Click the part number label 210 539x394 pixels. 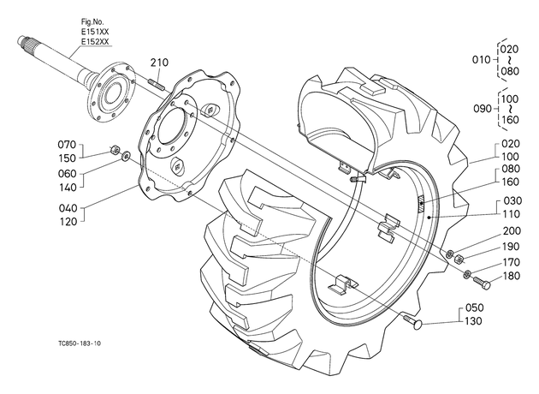159,63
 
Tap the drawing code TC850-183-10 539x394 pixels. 80,343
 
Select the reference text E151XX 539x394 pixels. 95,32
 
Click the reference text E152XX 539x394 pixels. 95,42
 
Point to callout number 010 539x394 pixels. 481,60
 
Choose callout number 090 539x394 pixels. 483,109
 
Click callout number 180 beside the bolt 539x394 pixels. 511,276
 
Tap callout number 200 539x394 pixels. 512,231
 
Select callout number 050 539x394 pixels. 474,307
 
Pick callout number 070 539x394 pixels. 67,145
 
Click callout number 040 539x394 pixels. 68,208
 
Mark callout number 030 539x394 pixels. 512,200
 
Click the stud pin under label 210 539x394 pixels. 157,85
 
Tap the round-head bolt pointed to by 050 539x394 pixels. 413,322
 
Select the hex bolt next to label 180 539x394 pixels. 482,283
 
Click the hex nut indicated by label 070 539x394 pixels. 114,150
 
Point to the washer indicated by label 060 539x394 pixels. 126,156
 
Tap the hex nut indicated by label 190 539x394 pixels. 459,259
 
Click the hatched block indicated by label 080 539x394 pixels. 421,204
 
